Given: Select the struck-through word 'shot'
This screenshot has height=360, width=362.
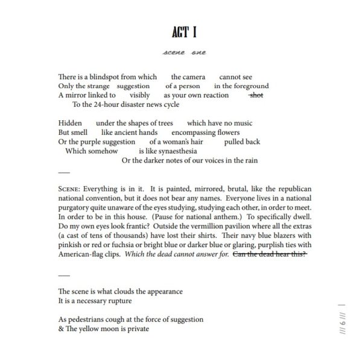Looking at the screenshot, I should click(x=256, y=95).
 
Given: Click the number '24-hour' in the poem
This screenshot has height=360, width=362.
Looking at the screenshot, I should click(x=116, y=104).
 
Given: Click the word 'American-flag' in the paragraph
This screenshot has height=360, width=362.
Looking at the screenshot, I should click(x=81, y=255).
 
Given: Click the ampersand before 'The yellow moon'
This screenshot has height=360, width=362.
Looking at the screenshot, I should click(x=61, y=329).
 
